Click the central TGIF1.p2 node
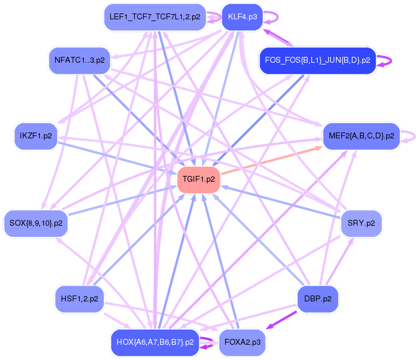[199, 179]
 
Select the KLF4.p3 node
[242, 17]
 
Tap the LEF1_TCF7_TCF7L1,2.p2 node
[155, 17]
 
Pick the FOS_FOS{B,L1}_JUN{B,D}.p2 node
[317, 60]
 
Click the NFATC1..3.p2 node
[79, 60]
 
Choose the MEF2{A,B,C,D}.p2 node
[361, 136]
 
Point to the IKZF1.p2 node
[36, 136]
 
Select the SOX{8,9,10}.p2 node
[36, 223]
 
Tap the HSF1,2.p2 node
[79, 298]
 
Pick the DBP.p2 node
[318, 298]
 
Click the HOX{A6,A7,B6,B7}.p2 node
[155, 342]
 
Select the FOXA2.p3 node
[242, 342]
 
